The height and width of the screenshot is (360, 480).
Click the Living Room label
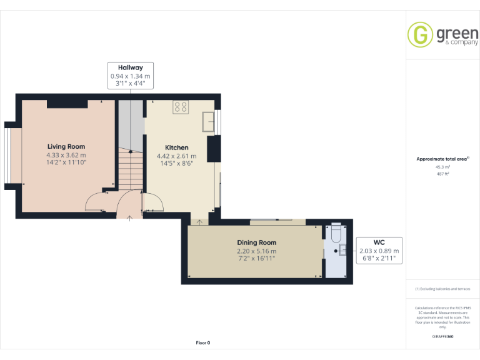(66, 146)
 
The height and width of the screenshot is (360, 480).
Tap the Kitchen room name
(176, 147)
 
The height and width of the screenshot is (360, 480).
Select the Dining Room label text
(256, 242)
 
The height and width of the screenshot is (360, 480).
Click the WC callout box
(379, 251)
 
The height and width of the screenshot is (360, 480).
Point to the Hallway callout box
(131, 75)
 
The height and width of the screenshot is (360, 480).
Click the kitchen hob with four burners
(181, 107)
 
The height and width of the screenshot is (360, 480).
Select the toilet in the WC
(336, 232)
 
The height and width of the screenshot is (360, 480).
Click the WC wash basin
(342, 252)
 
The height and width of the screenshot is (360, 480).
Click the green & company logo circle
(420, 34)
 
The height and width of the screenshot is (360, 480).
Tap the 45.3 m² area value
(442, 167)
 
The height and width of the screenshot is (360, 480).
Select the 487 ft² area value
(442, 174)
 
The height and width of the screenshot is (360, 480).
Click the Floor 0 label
(203, 342)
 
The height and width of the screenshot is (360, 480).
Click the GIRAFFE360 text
(442, 337)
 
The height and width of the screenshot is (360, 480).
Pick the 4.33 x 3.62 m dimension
(66, 155)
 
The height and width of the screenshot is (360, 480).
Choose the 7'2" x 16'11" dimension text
(256, 257)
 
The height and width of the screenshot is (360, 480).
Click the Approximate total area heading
(441, 159)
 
